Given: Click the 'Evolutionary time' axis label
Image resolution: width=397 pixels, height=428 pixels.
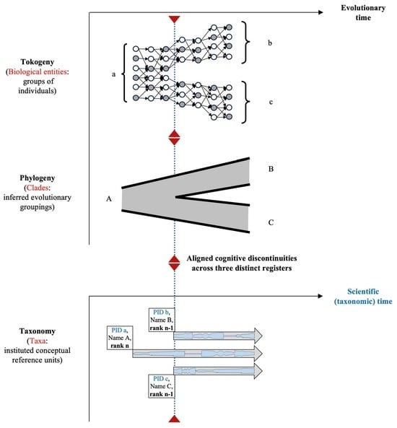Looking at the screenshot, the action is click(x=363, y=13).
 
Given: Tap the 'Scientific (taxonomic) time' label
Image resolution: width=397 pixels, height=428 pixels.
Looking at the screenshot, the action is click(x=363, y=297).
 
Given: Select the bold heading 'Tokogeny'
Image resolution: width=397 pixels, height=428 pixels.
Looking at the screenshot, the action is click(x=38, y=62).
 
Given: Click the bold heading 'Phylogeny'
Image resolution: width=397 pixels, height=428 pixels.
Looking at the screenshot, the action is click(x=38, y=178).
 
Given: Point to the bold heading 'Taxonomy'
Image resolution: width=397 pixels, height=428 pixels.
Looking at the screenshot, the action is click(x=38, y=331).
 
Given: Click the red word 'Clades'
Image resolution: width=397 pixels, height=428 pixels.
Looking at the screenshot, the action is click(x=37, y=188).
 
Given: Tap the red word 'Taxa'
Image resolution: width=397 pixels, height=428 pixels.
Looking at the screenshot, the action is click(x=37, y=341).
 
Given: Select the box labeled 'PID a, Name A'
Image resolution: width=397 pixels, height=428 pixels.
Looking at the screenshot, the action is click(x=120, y=338).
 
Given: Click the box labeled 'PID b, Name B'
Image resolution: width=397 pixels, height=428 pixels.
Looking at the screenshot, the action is click(x=162, y=320).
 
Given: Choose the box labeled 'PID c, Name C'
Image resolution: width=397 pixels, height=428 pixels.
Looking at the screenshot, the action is click(x=162, y=386).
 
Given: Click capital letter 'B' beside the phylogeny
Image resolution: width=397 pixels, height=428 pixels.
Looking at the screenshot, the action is click(x=271, y=169).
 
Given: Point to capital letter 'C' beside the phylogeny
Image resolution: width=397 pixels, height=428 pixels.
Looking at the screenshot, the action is click(x=271, y=223).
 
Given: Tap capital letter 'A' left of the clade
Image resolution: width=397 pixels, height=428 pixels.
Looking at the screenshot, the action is click(x=109, y=199).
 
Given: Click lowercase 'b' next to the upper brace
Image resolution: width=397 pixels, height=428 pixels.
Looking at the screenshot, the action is click(x=270, y=43).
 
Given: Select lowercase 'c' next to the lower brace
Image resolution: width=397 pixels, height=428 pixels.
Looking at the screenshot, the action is click(x=271, y=102).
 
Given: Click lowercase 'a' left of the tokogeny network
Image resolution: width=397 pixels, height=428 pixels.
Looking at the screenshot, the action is click(x=114, y=74).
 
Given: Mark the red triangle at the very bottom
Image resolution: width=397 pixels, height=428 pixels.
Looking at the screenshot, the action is click(x=175, y=419).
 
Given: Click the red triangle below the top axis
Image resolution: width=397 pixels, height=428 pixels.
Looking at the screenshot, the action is click(x=175, y=19).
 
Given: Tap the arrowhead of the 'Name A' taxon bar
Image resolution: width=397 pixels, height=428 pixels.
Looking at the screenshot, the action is click(x=258, y=354).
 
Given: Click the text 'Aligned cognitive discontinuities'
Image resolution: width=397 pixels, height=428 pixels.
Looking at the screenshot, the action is click(x=242, y=258).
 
